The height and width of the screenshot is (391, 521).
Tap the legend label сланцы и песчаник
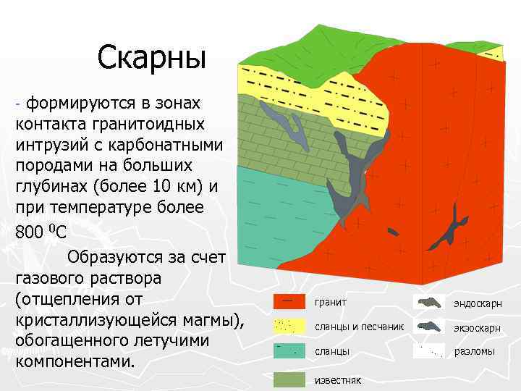[359, 327]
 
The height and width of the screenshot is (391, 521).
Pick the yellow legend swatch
[288, 326]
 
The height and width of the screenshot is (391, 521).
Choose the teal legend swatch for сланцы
[288, 351]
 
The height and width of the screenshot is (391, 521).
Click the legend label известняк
[338, 379]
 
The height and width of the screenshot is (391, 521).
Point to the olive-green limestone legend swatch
[288, 379]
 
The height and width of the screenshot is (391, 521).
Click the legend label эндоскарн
[477, 303]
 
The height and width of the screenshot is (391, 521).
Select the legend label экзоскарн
[477, 327]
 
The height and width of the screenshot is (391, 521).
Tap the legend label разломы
[475, 352]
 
